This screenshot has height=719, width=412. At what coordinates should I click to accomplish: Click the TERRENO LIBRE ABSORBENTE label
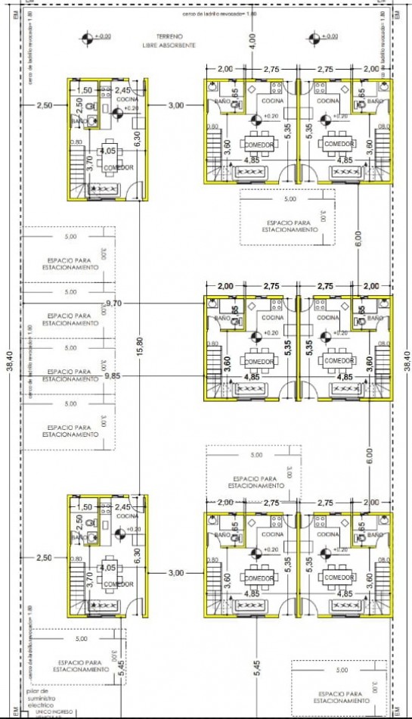click(x=169, y=41)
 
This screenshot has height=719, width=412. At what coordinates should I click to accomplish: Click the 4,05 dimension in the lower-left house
click(x=107, y=567)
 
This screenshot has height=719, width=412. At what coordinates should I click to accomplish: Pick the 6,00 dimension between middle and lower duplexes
click(x=368, y=456)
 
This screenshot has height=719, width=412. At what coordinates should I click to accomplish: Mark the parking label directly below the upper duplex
click(x=287, y=226)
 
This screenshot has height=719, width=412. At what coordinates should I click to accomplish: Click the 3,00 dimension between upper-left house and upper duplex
click(x=175, y=105)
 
